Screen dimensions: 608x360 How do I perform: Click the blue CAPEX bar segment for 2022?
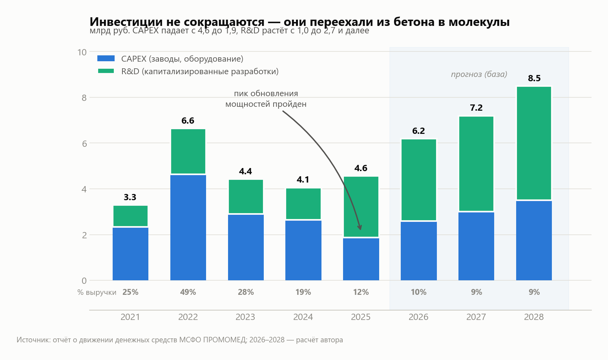click(x=188, y=228)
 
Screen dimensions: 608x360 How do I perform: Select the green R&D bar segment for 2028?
click(x=534, y=143)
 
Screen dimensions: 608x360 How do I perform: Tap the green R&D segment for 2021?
click(x=131, y=216)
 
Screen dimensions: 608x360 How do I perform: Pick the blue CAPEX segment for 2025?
click(x=361, y=259)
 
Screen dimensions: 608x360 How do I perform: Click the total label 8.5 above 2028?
click(x=534, y=78)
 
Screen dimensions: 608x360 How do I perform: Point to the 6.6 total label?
click(x=188, y=121)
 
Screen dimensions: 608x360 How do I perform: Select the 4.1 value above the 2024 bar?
click(x=303, y=179)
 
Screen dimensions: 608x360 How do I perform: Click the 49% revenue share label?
click(x=188, y=292)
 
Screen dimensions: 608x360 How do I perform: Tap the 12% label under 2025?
click(x=361, y=292)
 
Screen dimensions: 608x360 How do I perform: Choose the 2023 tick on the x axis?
click(x=245, y=317)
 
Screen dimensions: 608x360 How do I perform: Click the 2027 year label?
click(x=476, y=317)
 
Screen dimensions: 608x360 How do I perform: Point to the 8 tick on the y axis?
click(x=84, y=98)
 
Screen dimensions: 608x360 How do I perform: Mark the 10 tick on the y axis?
click(x=82, y=52)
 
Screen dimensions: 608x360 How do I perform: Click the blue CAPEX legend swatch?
click(x=106, y=58)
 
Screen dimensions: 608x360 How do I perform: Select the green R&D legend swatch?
click(x=106, y=71)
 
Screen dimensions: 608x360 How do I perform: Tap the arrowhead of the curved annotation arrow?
click(x=360, y=228)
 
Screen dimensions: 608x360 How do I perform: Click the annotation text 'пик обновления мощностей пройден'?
click(x=266, y=99)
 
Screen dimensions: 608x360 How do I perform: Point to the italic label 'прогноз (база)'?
click(x=479, y=74)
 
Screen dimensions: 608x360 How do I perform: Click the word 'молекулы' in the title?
click(x=479, y=22)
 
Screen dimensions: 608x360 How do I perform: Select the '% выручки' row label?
click(x=97, y=292)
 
